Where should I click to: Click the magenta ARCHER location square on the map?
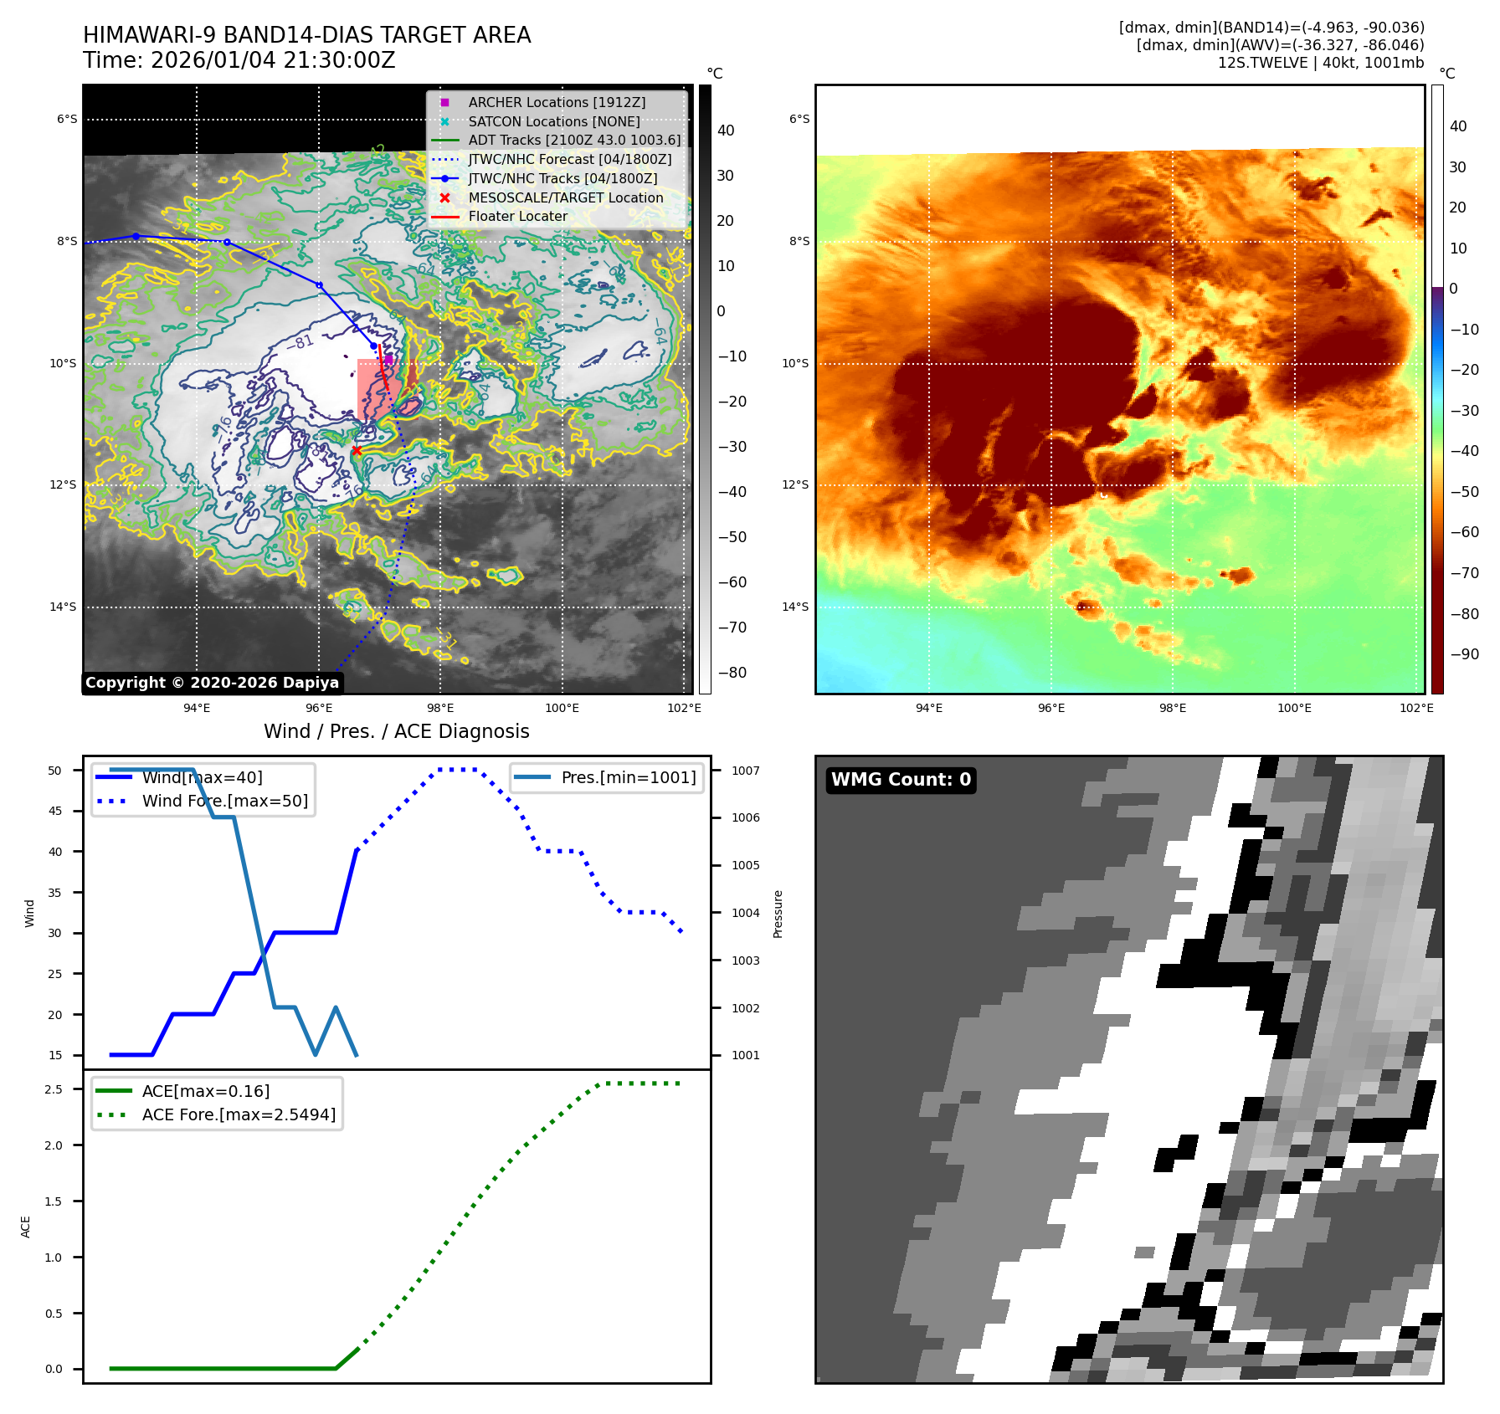(388, 359)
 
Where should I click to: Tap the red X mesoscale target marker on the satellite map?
(357, 451)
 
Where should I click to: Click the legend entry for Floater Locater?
(517, 217)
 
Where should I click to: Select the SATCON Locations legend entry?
(553, 121)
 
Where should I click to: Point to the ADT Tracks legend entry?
(574, 141)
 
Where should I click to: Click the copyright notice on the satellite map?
(212, 683)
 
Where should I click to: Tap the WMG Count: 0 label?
(901, 780)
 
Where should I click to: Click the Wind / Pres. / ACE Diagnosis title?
(397, 731)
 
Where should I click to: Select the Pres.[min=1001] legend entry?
(628, 777)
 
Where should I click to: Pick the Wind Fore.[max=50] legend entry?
(224, 801)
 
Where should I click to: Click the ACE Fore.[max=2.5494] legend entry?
(239, 1114)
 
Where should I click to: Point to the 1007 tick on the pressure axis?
(745, 771)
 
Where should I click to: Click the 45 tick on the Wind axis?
(55, 811)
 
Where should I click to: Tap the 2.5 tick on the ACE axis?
(54, 1089)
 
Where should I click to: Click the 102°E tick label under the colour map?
(1416, 708)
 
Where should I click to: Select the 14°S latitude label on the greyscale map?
(63, 607)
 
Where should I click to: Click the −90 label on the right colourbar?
(1464, 654)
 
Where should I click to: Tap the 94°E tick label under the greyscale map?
(197, 708)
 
